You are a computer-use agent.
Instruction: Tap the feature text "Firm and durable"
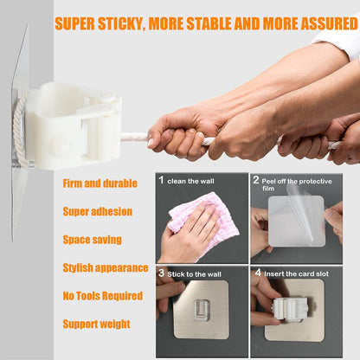click(100, 183)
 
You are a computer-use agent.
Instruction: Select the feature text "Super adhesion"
click(98, 211)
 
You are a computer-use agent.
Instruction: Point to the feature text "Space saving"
click(92, 240)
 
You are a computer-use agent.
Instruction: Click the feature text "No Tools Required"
click(103, 296)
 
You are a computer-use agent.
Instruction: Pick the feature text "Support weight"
click(97, 325)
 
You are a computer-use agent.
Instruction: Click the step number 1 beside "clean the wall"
click(161, 182)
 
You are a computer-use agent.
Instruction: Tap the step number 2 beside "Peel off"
click(256, 182)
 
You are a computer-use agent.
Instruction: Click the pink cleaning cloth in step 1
click(202, 222)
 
